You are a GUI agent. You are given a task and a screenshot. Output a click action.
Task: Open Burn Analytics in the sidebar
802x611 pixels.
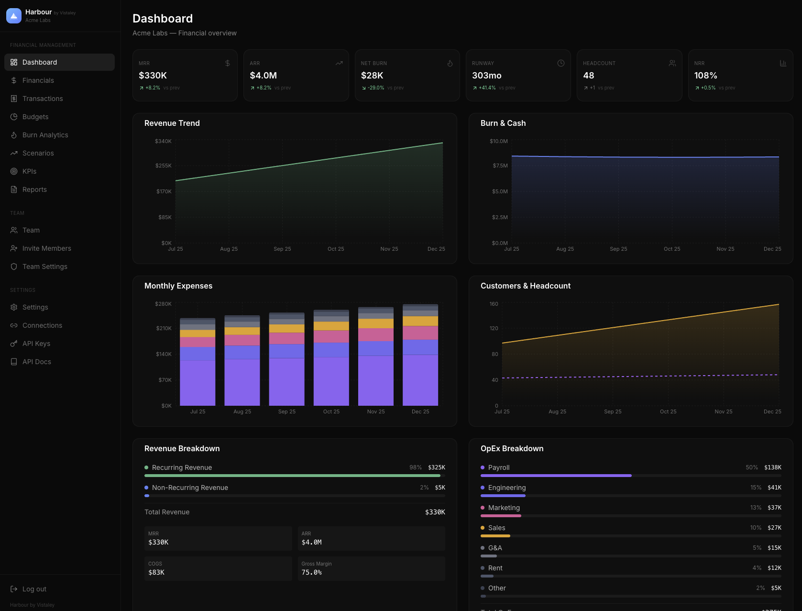click(45, 135)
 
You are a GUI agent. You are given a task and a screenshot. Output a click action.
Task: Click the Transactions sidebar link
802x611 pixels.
click(43, 99)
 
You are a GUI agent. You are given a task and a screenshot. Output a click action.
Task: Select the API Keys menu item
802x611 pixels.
click(36, 344)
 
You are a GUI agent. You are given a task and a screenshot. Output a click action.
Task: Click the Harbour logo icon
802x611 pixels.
click(14, 16)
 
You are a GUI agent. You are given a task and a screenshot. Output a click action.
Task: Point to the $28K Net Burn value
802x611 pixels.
click(372, 76)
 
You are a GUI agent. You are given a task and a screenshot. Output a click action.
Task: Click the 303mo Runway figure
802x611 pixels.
click(486, 76)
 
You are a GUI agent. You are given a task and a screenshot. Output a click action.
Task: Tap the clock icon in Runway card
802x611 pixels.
click(561, 63)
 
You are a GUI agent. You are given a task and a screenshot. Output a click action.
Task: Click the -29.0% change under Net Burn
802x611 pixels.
click(375, 88)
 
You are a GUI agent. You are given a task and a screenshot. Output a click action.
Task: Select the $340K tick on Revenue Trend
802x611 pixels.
click(163, 141)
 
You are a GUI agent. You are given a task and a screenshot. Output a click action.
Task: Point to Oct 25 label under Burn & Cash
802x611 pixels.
click(671, 249)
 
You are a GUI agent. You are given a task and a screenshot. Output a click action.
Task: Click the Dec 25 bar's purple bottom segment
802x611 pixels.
click(420, 380)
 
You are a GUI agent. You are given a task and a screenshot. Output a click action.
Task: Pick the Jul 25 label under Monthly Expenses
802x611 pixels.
click(198, 411)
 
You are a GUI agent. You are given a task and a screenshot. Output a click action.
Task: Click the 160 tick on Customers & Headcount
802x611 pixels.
click(494, 304)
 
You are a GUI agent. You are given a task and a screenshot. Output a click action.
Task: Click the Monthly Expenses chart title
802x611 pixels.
click(178, 286)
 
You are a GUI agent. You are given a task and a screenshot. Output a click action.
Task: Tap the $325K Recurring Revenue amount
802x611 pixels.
click(436, 467)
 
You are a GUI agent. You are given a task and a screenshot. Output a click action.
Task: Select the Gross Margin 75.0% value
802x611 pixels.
click(311, 572)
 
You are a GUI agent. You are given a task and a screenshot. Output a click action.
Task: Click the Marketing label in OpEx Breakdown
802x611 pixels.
click(504, 508)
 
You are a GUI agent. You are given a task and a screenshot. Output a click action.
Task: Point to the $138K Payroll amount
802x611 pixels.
click(772, 467)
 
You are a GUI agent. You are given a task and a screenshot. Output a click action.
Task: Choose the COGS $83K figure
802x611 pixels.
click(156, 572)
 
